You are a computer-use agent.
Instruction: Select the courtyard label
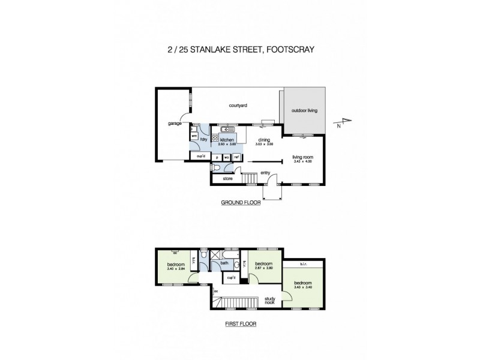point(238,106)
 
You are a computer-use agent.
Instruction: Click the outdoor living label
point(305,111)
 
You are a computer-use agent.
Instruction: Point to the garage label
point(175,124)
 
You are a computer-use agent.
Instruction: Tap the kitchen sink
point(228,130)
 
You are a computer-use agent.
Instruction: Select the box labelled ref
point(237,157)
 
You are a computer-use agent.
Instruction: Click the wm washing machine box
point(195,136)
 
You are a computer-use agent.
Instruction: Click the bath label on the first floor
point(224,263)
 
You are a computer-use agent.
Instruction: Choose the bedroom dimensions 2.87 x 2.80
point(264,268)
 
